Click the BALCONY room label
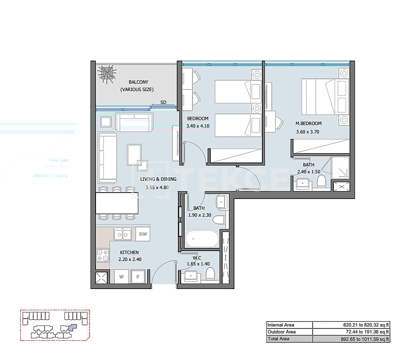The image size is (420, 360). click(138, 82)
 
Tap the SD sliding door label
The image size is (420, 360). click(163, 102)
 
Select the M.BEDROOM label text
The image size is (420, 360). click(308, 123)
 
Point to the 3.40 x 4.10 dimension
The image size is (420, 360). click(198, 126)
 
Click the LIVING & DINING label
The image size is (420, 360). click(159, 179)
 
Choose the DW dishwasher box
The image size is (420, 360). click(143, 234)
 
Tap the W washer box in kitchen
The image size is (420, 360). click(121, 277)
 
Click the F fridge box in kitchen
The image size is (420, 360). click(138, 277)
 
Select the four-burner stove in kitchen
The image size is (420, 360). click(102, 255)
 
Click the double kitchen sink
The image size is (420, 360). click(122, 234)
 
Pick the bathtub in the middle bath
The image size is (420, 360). click(201, 239)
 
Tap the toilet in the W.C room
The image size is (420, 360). click(210, 273)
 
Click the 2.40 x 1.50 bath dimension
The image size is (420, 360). click(309, 172)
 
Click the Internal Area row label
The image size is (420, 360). click(281, 325)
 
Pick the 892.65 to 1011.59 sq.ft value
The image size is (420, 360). click(366, 339)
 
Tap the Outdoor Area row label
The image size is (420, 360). click(281, 332)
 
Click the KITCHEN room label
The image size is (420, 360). click(129, 253)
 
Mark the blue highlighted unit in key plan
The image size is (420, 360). click(72, 326)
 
